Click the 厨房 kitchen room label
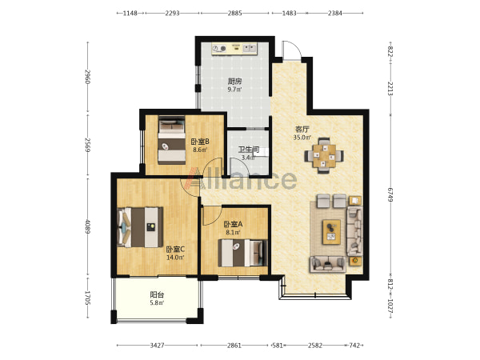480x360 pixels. (x=234, y=82)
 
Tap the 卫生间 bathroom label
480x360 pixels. (x=249, y=150)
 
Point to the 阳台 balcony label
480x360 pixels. (x=157, y=294)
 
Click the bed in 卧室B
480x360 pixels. (x=172, y=139)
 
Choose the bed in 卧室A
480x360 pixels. (x=242, y=253)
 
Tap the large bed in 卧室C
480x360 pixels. (x=140, y=227)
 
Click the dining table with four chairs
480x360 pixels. (x=324, y=156)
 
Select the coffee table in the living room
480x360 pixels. (x=331, y=232)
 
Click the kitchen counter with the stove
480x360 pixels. (x=234, y=48)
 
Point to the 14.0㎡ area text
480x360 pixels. (x=175, y=258)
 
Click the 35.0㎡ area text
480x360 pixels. (x=302, y=138)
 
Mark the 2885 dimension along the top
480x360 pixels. (x=234, y=13)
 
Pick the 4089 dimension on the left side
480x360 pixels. (x=88, y=226)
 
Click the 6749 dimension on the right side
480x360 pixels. (x=390, y=194)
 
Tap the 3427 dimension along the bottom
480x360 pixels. (x=157, y=346)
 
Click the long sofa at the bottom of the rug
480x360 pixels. (x=327, y=264)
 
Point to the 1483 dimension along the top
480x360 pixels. (x=289, y=13)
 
